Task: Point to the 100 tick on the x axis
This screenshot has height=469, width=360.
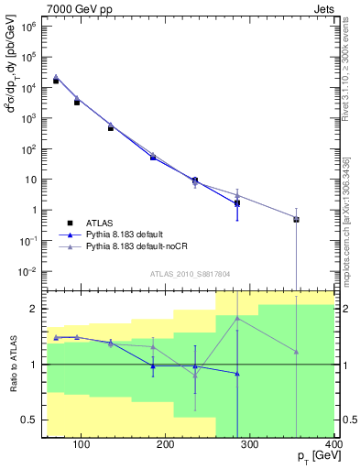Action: point(82,446)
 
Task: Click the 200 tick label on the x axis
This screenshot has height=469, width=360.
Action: point(166,446)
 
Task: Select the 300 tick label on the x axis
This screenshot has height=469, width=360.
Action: point(250,446)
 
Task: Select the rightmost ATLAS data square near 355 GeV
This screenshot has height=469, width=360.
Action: point(296,220)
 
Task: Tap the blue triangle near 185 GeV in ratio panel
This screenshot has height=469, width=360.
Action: point(153,366)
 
